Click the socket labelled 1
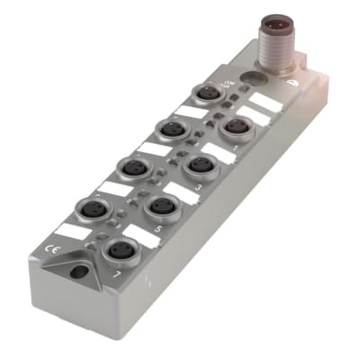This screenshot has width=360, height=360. tap(237, 127)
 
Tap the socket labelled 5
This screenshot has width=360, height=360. tap(162, 208)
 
